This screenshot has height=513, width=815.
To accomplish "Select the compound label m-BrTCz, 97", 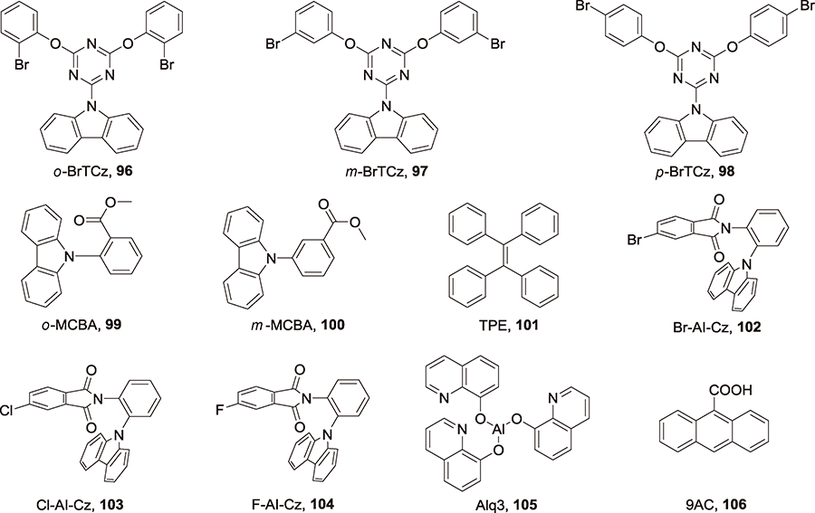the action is pos(386,171).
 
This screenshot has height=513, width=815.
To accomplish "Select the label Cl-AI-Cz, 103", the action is pos(81,504).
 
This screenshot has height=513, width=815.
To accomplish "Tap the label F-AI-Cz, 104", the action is pos(292,504).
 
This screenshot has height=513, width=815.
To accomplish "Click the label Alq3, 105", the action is pos(505,504).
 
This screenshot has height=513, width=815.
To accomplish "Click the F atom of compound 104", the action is pos(220,410).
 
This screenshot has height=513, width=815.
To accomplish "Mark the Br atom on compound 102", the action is pos(635,241).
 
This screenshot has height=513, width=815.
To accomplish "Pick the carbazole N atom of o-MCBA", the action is pos(62,255).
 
